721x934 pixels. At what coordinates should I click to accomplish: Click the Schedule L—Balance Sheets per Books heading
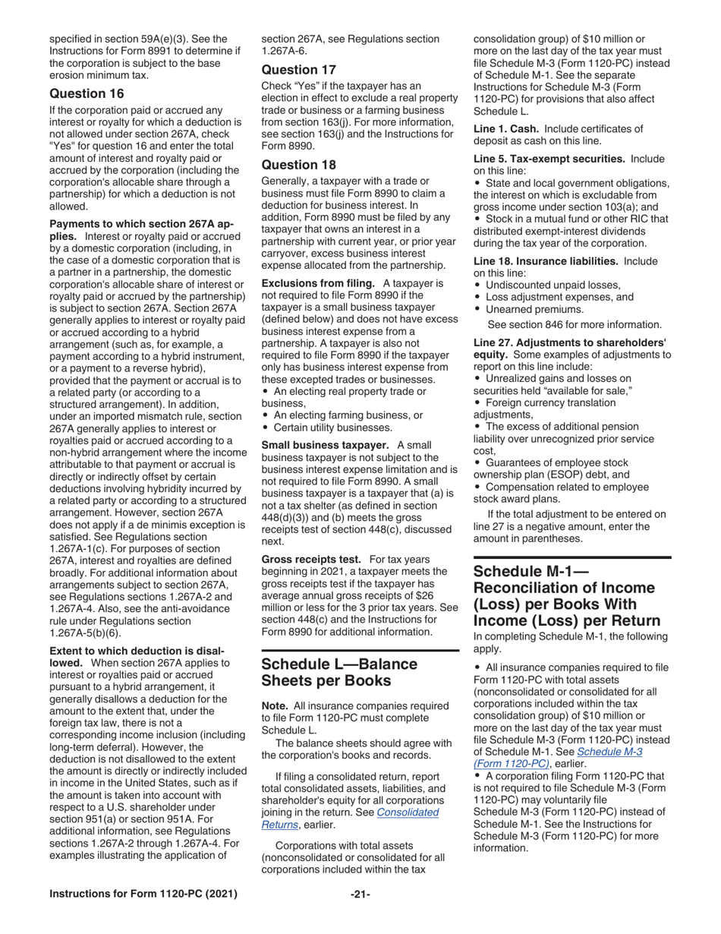click(339, 672)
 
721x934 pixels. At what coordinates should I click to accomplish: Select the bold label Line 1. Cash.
click(507, 128)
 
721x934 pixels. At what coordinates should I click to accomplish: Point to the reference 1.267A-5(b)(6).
click(84, 633)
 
